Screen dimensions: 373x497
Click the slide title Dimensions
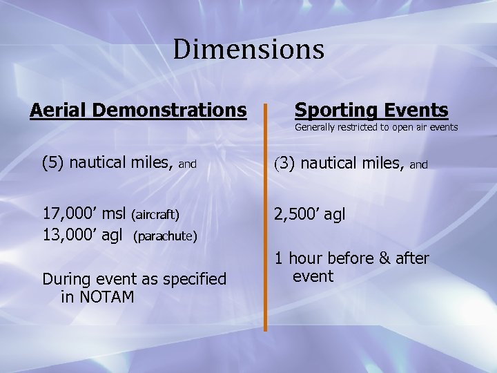point(248,50)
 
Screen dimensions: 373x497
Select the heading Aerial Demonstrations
point(138,110)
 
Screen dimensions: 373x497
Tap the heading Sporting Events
point(371,110)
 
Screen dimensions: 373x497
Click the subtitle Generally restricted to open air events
point(376,127)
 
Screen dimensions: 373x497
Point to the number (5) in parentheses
point(53,164)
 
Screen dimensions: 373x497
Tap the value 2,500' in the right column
point(299,215)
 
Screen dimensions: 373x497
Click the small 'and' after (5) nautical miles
point(188,165)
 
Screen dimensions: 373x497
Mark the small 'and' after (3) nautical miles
point(419,165)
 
